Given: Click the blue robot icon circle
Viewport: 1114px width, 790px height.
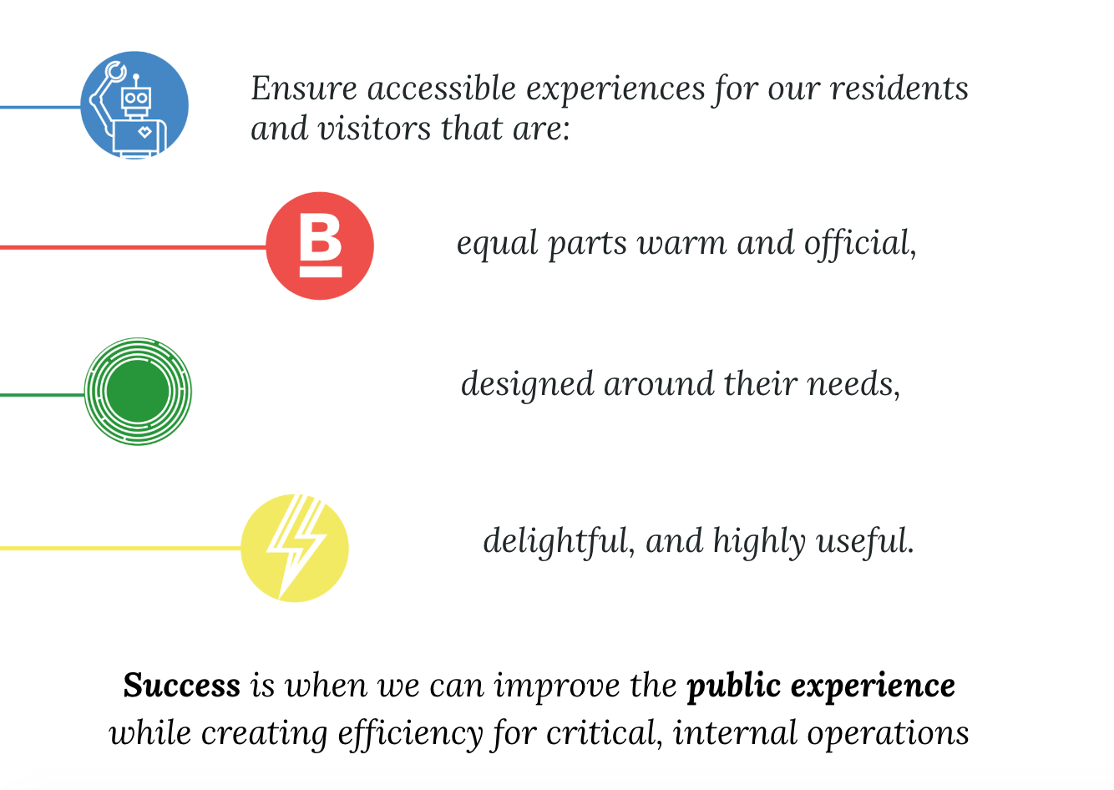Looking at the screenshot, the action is click(x=134, y=105).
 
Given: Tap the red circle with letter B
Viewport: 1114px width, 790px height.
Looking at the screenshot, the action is click(x=320, y=246).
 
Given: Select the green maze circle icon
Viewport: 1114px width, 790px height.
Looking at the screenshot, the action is click(x=138, y=392).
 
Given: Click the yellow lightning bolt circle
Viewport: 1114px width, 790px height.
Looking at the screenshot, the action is click(x=295, y=548).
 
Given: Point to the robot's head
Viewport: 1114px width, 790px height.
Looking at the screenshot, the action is click(x=135, y=99).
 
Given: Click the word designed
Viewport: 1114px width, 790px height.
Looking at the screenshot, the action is click(x=527, y=384).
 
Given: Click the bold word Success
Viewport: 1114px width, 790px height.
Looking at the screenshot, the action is click(x=182, y=686).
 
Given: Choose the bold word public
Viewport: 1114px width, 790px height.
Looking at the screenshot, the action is click(x=733, y=686).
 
